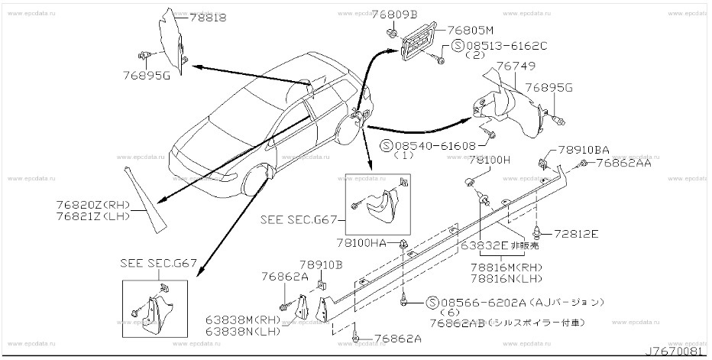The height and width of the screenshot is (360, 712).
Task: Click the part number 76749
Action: point(516,68)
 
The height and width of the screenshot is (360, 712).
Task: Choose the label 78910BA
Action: point(583,151)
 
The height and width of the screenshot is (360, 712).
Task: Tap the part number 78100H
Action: point(489,160)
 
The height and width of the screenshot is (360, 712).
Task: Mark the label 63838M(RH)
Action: point(240,321)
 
